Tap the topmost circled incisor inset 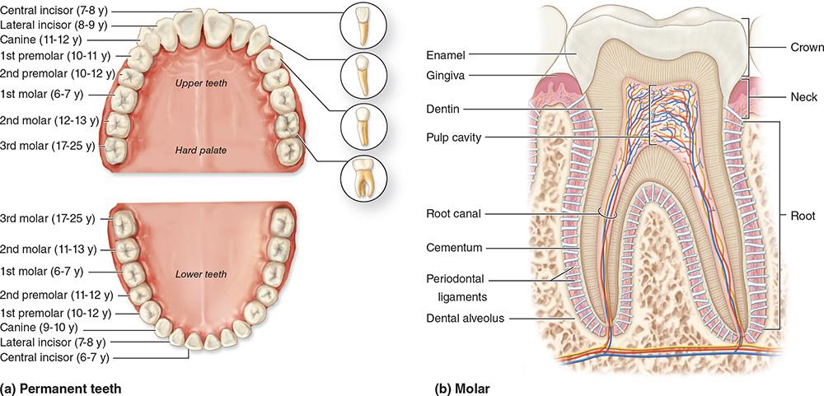362,26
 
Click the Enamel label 446,55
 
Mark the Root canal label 455,213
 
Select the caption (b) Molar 460,385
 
